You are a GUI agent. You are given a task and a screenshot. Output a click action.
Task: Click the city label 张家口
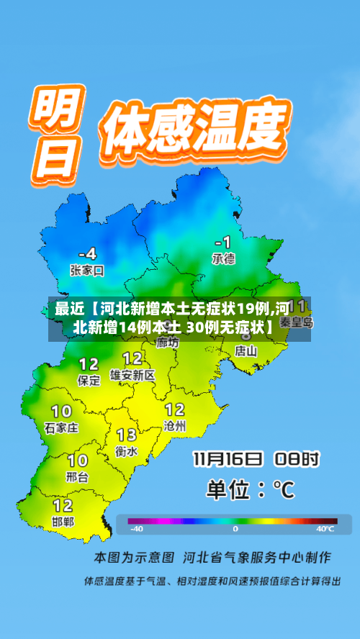tap(87, 271)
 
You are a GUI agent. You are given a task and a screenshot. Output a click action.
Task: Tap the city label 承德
tap(223, 258)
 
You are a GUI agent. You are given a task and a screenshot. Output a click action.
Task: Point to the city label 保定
tap(89, 381)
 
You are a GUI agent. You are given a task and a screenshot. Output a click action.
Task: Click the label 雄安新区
tap(132, 375)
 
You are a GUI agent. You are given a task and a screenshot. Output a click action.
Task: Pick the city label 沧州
tap(174, 426)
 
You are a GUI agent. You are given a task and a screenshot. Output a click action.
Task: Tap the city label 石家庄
tap(61, 427)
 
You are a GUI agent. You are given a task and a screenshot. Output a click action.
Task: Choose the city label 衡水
tap(127, 451)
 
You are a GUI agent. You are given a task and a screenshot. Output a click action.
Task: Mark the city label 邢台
tap(77, 476)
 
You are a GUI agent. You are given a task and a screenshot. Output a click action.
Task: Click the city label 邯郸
tap(63, 521)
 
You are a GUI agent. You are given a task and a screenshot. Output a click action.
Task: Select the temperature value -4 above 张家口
tap(87, 253)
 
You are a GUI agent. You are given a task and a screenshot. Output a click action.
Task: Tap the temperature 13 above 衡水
tap(127, 435)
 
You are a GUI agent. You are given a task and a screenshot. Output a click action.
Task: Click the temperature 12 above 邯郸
tap(63, 504)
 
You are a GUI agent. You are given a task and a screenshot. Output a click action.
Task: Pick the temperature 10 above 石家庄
tap(61, 411)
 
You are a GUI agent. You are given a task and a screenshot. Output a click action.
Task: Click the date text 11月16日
tap(228, 459)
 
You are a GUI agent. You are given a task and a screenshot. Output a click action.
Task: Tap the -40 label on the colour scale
tap(136, 529)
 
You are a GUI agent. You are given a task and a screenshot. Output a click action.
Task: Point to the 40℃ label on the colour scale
tap(325, 529)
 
